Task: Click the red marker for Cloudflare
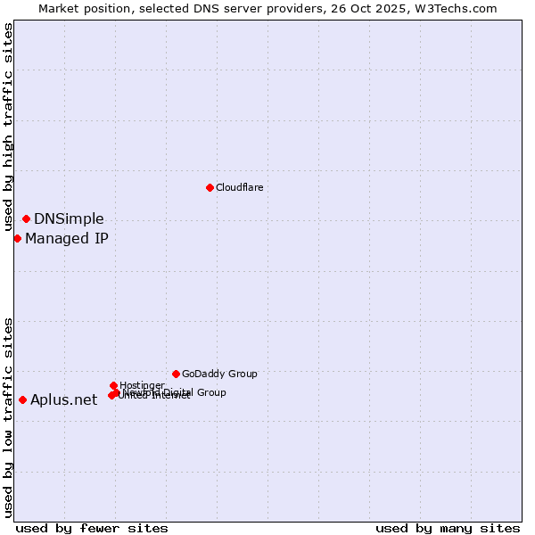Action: point(210,187)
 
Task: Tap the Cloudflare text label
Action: point(239,187)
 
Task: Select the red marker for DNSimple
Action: point(26,218)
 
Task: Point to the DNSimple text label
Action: point(69,219)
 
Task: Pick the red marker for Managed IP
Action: point(17,238)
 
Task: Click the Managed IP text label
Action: point(67,239)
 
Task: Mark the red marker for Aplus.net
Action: point(22,399)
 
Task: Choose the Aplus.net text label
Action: point(63,400)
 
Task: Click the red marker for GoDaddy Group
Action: point(176,374)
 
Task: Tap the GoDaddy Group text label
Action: point(219,374)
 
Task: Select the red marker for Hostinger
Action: point(113,385)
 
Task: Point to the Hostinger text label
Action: point(143,385)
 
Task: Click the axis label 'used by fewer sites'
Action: point(92,528)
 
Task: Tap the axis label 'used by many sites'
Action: point(448,528)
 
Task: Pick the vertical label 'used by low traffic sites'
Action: point(9,416)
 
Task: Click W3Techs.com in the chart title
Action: point(458,8)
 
